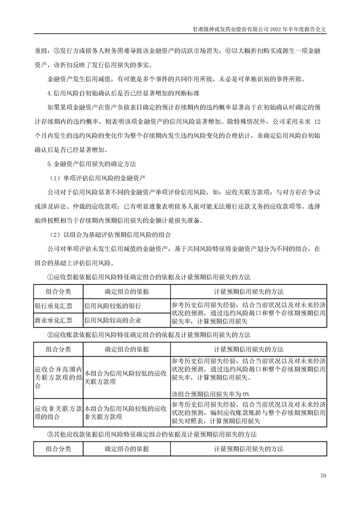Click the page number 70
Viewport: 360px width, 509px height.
323,475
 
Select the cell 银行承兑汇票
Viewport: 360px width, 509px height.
54,306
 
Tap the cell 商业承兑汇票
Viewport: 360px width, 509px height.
54,321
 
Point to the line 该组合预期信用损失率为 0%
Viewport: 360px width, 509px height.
211,393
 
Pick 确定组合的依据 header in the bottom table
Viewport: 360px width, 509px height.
127,449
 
